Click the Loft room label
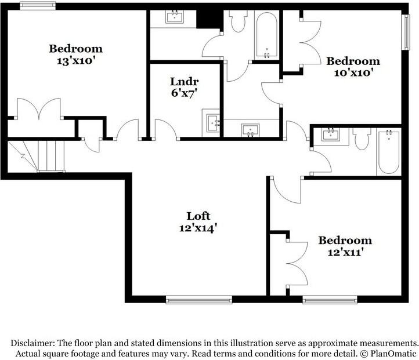click(198, 216)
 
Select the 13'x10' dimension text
click(75, 60)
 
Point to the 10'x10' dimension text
click(353, 72)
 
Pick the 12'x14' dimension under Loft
click(198, 228)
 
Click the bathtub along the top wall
click(267, 35)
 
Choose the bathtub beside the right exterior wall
click(388, 152)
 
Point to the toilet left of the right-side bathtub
click(362, 139)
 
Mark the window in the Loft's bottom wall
click(198, 300)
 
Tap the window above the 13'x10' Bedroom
click(38, 6)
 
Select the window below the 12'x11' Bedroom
click(330, 300)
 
